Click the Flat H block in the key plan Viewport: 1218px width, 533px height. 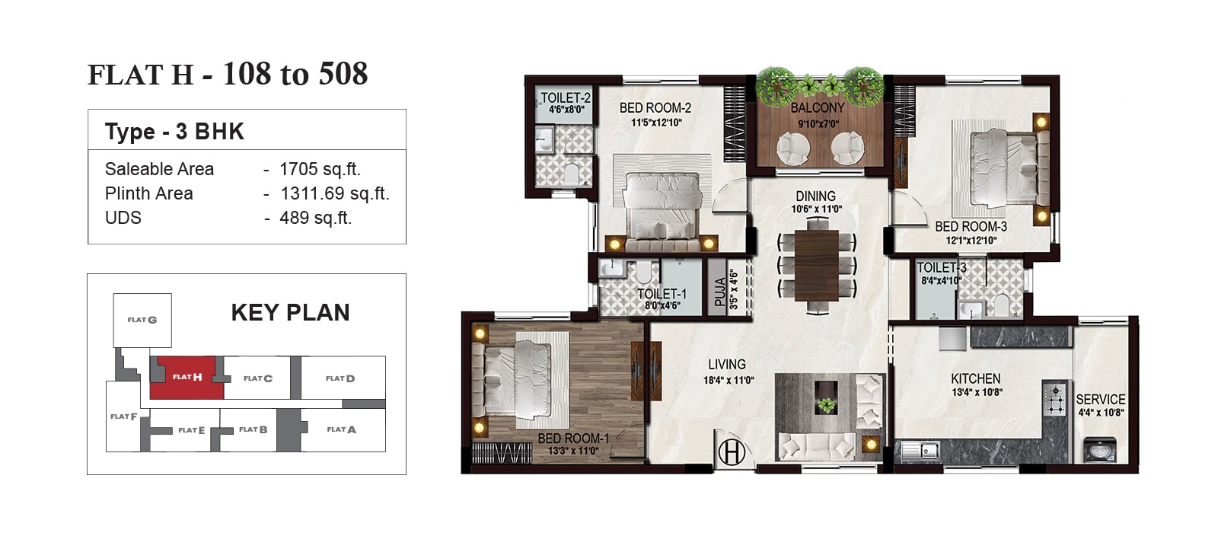pyautogui.click(x=187, y=378)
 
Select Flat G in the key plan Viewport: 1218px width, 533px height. pyautogui.click(x=142, y=321)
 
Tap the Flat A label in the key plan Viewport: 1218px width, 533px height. pyautogui.click(x=342, y=429)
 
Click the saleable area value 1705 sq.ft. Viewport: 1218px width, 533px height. pyautogui.click(x=320, y=169)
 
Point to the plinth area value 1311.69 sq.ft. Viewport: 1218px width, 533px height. pyautogui.click(x=334, y=193)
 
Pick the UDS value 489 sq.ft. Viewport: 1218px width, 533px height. pyautogui.click(x=315, y=218)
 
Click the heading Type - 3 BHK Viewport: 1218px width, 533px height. pyautogui.click(x=174, y=132)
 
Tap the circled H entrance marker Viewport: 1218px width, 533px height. pyautogui.click(x=732, y=452)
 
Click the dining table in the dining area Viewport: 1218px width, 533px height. pyautogui.click(x=817, y=265)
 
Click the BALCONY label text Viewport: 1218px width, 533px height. pyautogui.click(x=818, y=108)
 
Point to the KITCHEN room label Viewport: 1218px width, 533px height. pyautogui.click(x=975, y=378)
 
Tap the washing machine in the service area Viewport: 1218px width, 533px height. pyautogui.click(x=1100, y=450)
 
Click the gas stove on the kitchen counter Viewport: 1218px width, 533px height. pyautogui.click(x=1055, y=400)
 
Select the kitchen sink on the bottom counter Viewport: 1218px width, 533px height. pyautogui.click(x=920, y=451)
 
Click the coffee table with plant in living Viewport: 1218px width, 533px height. pyautogui.click(x=826, y=397)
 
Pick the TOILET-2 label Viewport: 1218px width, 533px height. pyautogui.click(x=566, y=98)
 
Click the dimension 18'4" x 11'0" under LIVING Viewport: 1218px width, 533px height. pyautogui.click(x=729, y=380)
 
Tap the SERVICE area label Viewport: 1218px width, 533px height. pyautogui.click(x=1101, y=400)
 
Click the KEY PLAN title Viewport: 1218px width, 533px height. pyautogui.click(x=290, y=313)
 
